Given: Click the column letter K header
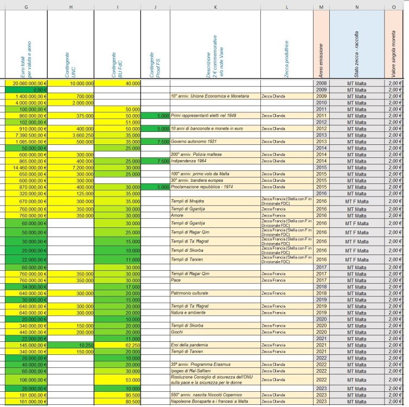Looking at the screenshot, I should click(x=215, y=6).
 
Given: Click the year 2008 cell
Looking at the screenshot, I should click(x=321, y=83).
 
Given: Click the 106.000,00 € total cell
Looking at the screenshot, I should click(x=27, y=380).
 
